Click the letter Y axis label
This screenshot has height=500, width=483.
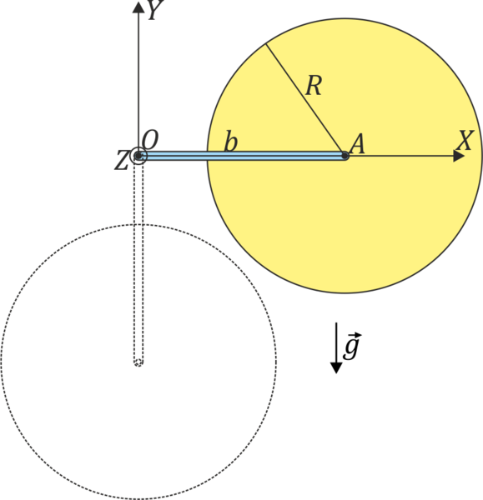tap(156, 9)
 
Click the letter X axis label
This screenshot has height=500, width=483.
tap(465, 140)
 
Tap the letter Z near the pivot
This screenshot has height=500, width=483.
tap(122, 160)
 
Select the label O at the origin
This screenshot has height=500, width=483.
tap(149, 140)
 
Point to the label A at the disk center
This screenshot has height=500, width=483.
tap(357, 144)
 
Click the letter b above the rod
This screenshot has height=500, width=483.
tap(231, 141)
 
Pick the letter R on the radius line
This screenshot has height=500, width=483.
tap(314, 86)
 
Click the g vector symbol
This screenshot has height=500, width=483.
tap(352, 347)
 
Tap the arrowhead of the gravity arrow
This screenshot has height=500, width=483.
tap(336, 367)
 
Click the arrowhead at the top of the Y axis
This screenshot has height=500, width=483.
tap(138, 7)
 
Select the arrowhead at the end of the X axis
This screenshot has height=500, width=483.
tap(459, 157)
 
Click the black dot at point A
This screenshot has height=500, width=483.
tap(345, 156)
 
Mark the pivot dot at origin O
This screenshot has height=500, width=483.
tap(138, 156)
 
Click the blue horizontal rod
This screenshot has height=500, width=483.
tap(242, 156)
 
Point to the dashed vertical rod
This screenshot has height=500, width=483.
tap(138, 262)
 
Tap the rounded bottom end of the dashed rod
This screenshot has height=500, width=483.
tap(138, 362)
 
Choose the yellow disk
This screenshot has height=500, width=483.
tap(345, 223)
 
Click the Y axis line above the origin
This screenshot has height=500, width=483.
tap(138, 82)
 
